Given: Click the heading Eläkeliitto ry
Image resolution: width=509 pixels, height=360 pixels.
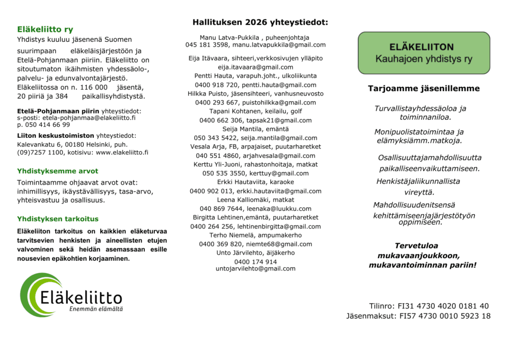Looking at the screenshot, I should click(45, 30).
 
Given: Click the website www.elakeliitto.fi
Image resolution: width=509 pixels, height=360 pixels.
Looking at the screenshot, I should click(122, 152).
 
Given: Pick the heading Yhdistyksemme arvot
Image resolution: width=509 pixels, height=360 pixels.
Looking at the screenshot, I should click(57, 171).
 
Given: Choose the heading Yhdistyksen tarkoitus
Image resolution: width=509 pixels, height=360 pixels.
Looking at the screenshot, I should click(58, 218).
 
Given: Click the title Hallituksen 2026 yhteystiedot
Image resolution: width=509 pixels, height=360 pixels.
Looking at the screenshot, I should click(260, 22).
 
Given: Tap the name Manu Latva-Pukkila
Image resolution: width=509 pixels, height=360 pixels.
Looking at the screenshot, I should click(228, 38).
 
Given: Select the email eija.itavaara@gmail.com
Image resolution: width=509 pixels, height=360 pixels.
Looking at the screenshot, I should click(256, 67).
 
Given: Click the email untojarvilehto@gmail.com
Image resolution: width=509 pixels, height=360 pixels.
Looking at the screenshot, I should click(256, 269).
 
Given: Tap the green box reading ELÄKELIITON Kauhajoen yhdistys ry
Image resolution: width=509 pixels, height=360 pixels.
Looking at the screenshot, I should click(424, 53).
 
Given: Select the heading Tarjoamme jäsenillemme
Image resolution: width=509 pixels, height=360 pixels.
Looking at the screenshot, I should click(424, 89).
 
